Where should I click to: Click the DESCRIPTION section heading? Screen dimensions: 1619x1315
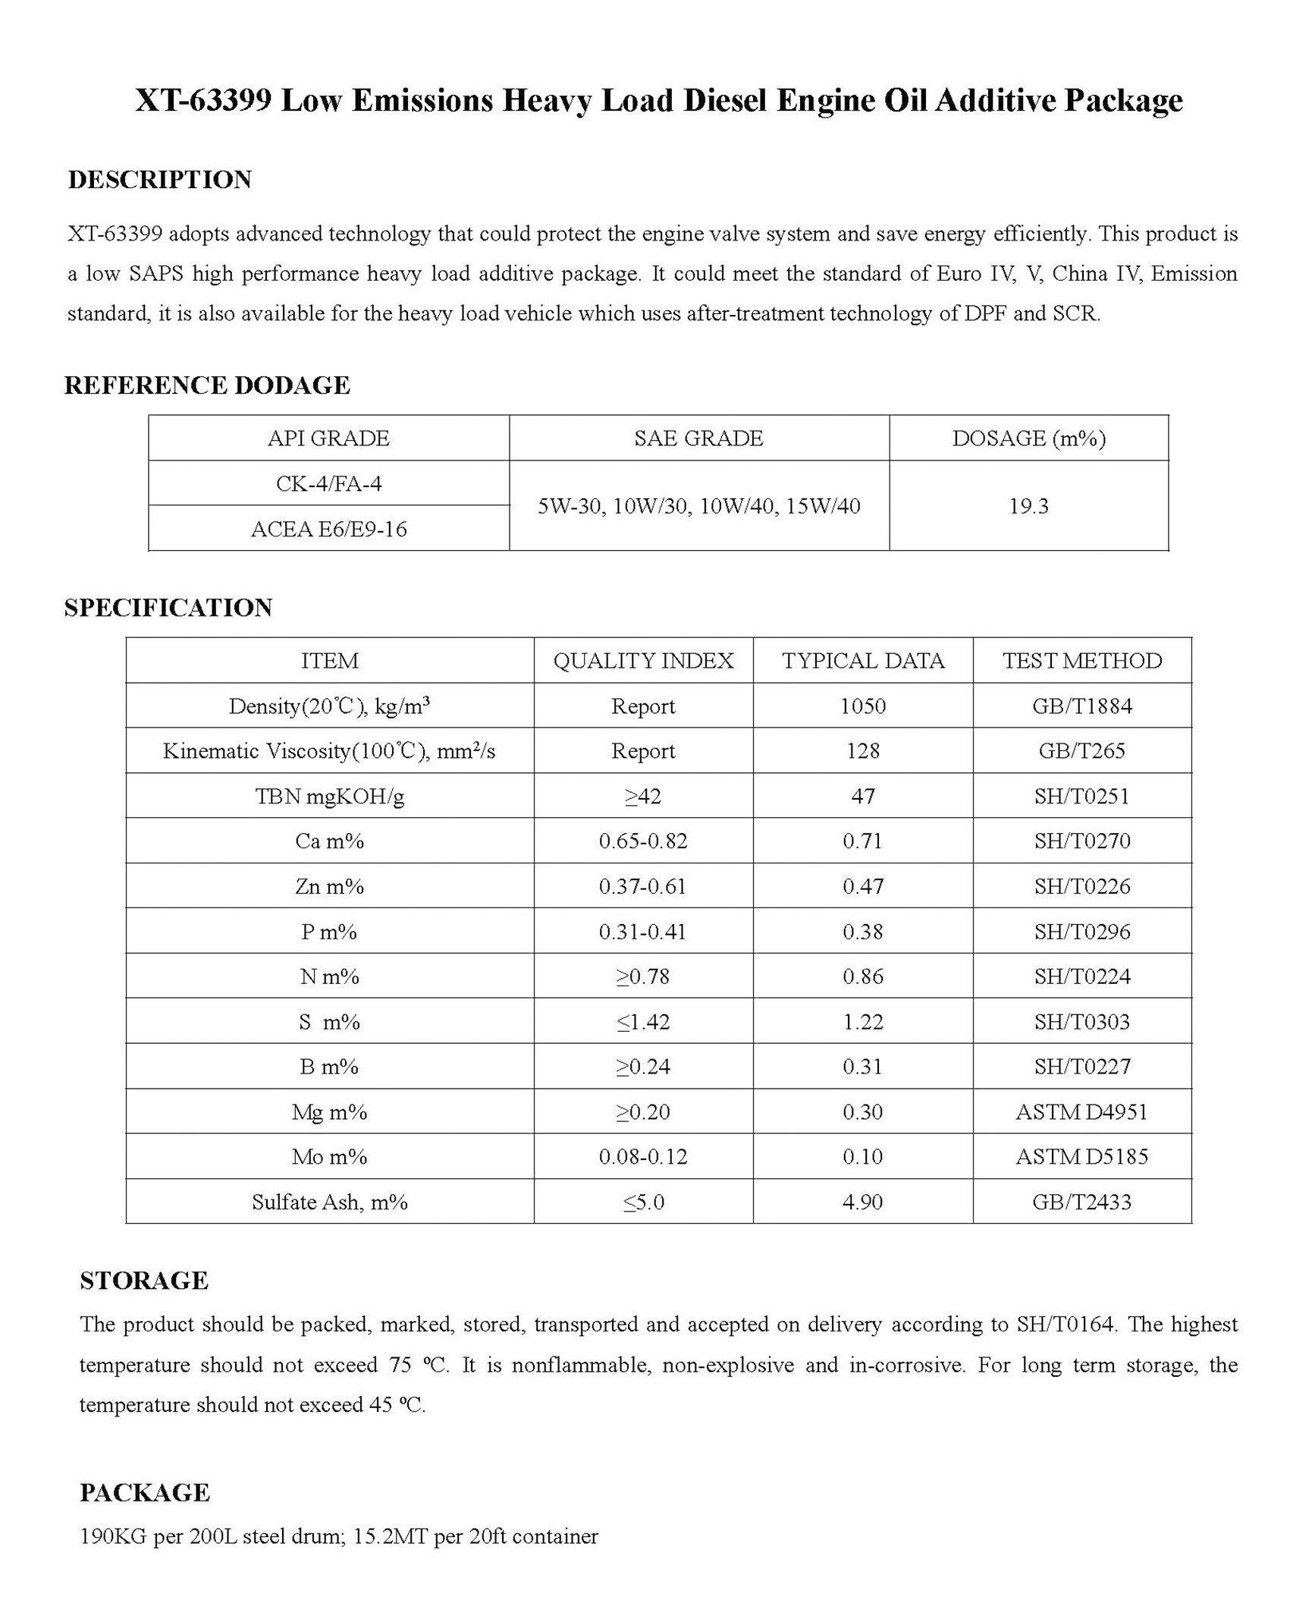click(x=159, y=180)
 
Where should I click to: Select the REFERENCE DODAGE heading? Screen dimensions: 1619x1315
click(x=207, y=385)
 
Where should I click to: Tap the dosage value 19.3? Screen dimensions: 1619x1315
click(x=1028, y=506)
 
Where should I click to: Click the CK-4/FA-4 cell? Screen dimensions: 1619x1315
click(x=328, y=483)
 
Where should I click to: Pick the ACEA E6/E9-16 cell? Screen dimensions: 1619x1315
click(x=328, y=529)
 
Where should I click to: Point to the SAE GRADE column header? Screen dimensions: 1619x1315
click(x=698, y=439)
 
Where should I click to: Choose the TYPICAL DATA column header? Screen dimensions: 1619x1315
click(x=863, y=661)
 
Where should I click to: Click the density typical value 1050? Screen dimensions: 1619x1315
click(x=863, y=706)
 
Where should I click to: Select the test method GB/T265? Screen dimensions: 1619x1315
click(x=1081, y=751)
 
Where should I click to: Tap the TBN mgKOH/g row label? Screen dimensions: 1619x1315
click(x=329, y=797)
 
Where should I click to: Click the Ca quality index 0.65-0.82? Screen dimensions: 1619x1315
click(x=643, y=841)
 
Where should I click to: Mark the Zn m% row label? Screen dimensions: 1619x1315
click(x=329, y=887)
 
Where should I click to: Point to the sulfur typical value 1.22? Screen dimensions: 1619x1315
click(x=863, y=1022)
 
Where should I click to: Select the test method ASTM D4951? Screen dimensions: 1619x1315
click(x=1081, y=1112)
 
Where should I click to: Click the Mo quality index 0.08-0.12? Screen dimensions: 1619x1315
click(x=643, y=1157)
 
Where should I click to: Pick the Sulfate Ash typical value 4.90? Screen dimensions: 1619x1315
click(x=863, y=1202)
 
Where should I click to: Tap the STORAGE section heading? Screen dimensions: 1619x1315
click(x=144, y=1281)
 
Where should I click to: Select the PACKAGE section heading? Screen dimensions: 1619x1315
click(x=145, y=1493)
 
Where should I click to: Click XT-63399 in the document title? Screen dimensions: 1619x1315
click(x=203, y=100)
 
